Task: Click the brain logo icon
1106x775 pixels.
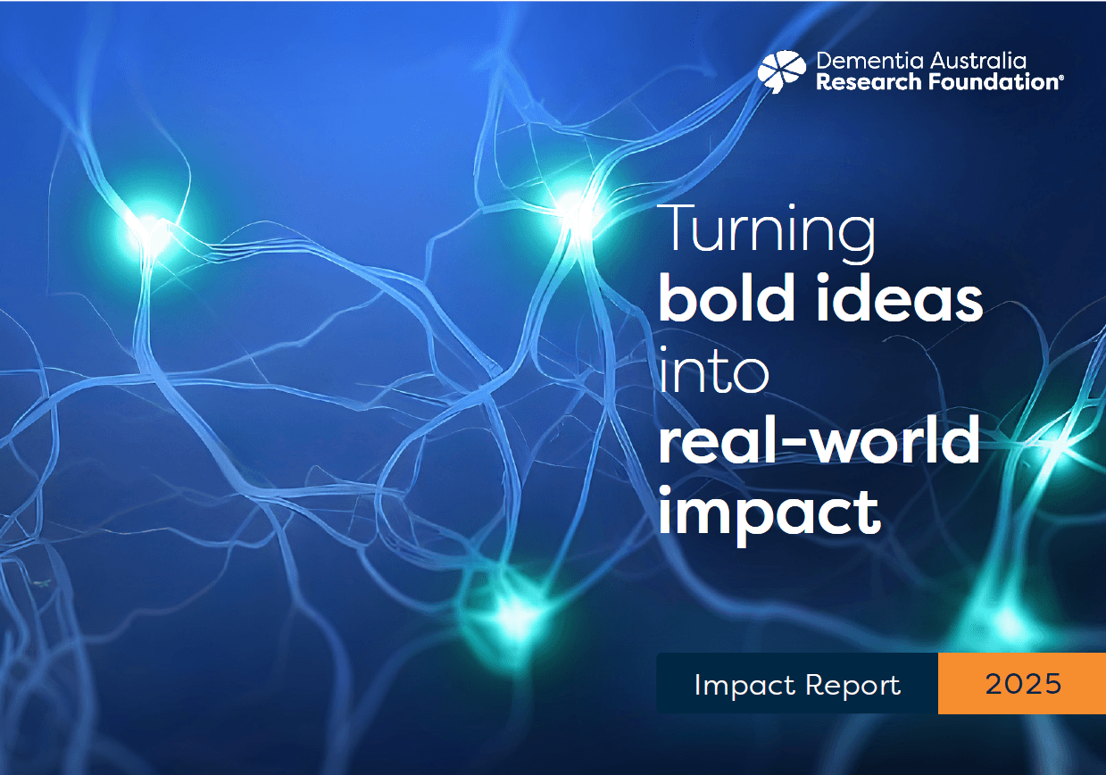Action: click(x=782, y=71)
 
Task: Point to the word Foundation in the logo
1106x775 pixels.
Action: click(x=993, y=81)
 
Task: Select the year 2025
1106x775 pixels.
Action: click(x=1023, y=684)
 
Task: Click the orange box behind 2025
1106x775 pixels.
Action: click(x=1021, y=683)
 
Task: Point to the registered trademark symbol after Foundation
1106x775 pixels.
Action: click(x=1061, y=78)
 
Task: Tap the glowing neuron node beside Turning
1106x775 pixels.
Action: click(x=575, y=212)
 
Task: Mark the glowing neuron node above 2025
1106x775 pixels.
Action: click(x=1007, y=620)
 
